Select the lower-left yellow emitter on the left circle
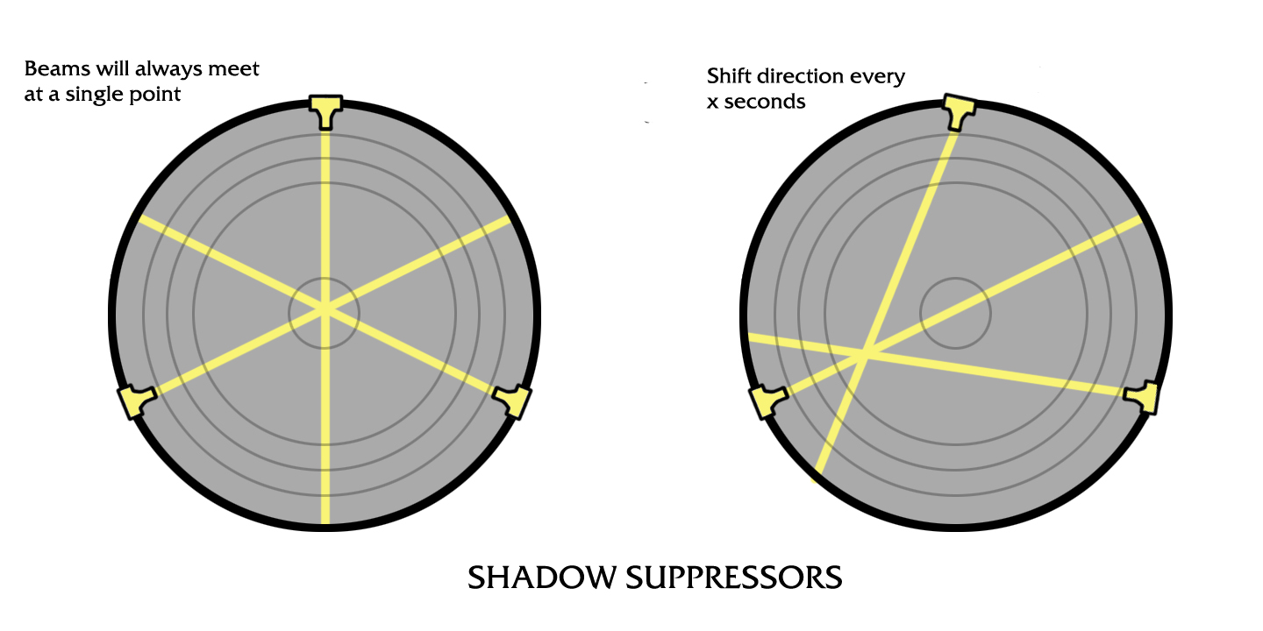[x=136, y=401]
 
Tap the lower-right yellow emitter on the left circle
[x=515, y=400]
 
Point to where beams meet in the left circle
[x=325, y=308]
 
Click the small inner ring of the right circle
[x=955, y=313]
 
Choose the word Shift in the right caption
[x=729, y=76]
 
